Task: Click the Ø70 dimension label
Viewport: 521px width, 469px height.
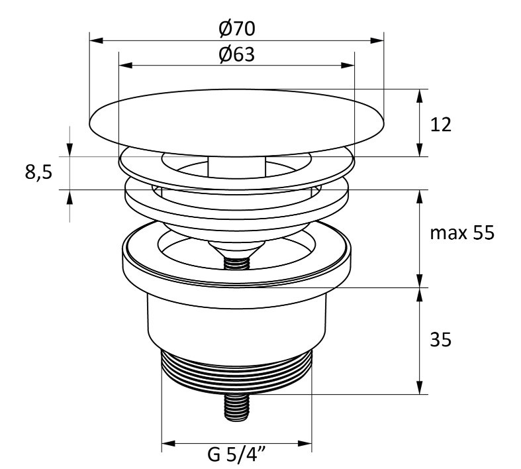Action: pyautogui.click(x=237, y=28)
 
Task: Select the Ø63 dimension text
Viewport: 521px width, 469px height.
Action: pyautogui.click(x=237, y=54)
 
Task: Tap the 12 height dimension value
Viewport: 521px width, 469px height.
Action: pyautogui.click(x=441, y=125)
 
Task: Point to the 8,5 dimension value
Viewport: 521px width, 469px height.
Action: pyautogui.click(x=38, y=172)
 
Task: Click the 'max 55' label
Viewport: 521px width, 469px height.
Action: pyautogui.click(x=462, y=233)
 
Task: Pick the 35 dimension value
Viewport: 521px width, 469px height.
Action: pyautogui.click(x=441, y=340)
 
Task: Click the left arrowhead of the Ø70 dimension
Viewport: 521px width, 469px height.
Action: pyautogui.click(x=97, y=40)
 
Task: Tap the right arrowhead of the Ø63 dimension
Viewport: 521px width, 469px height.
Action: pyautogui.click(x=348, y=65)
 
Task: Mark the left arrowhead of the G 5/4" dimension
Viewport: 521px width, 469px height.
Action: pyautogui.click(x=168, y=444)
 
